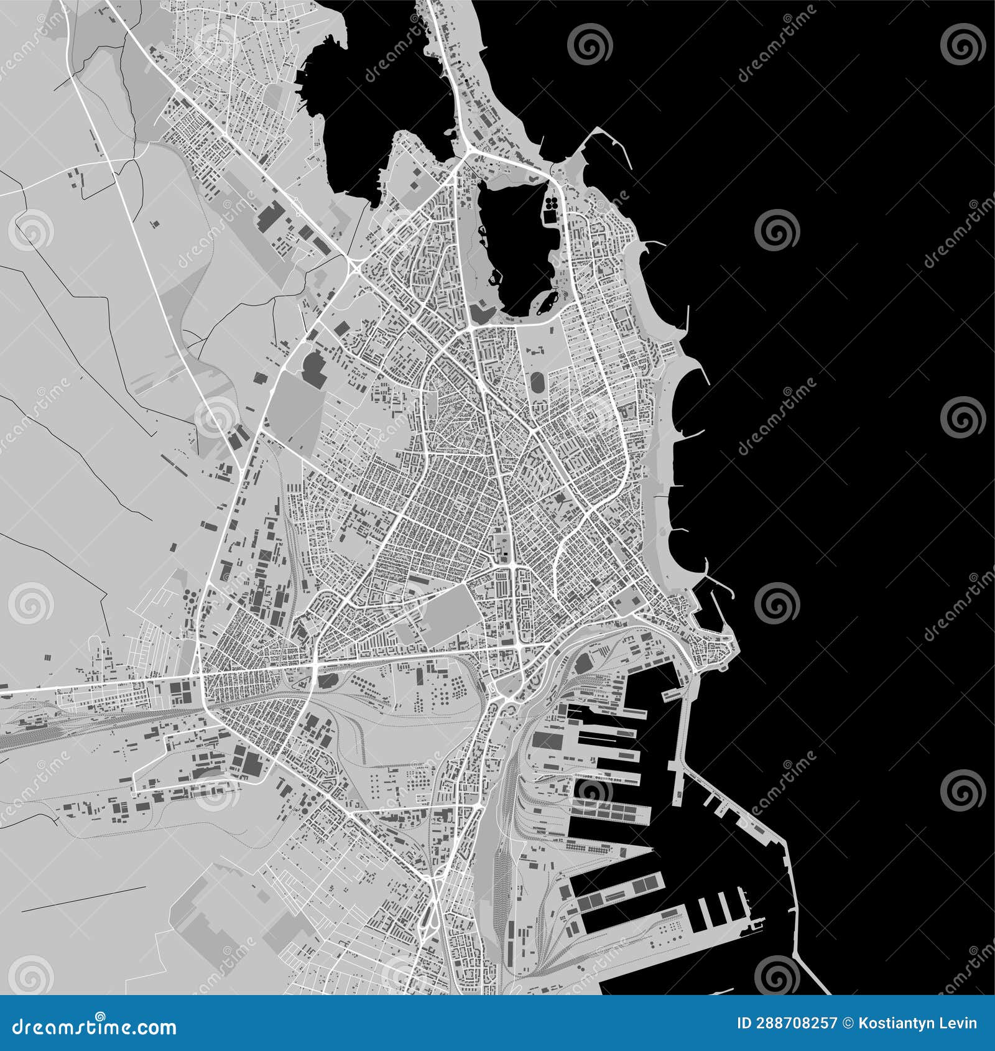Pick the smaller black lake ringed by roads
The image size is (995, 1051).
[x=516, y=243]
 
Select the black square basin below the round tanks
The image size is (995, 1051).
[x=550, y=216]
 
